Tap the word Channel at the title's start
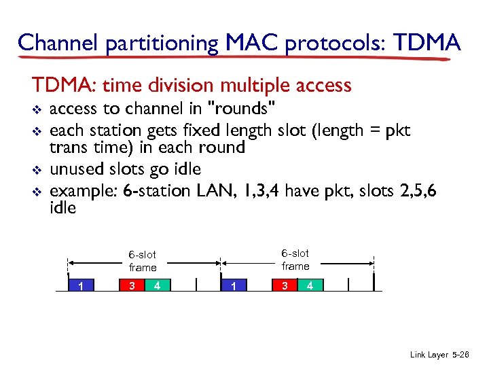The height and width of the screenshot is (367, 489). click(x=59, y=43)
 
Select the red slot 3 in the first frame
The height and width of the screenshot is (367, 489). click(x=132, y=285)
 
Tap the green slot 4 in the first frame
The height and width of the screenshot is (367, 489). click(x=157, y=285)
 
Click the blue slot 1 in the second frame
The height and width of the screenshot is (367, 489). click(x=234, y=285)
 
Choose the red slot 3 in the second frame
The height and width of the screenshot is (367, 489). click(x=285, y=285)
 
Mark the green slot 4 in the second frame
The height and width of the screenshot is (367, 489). click(x=310, y=285)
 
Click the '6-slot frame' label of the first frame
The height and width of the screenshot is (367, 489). click(x=143, y=261)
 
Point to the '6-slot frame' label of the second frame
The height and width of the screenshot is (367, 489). click(x=295, y=260)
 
